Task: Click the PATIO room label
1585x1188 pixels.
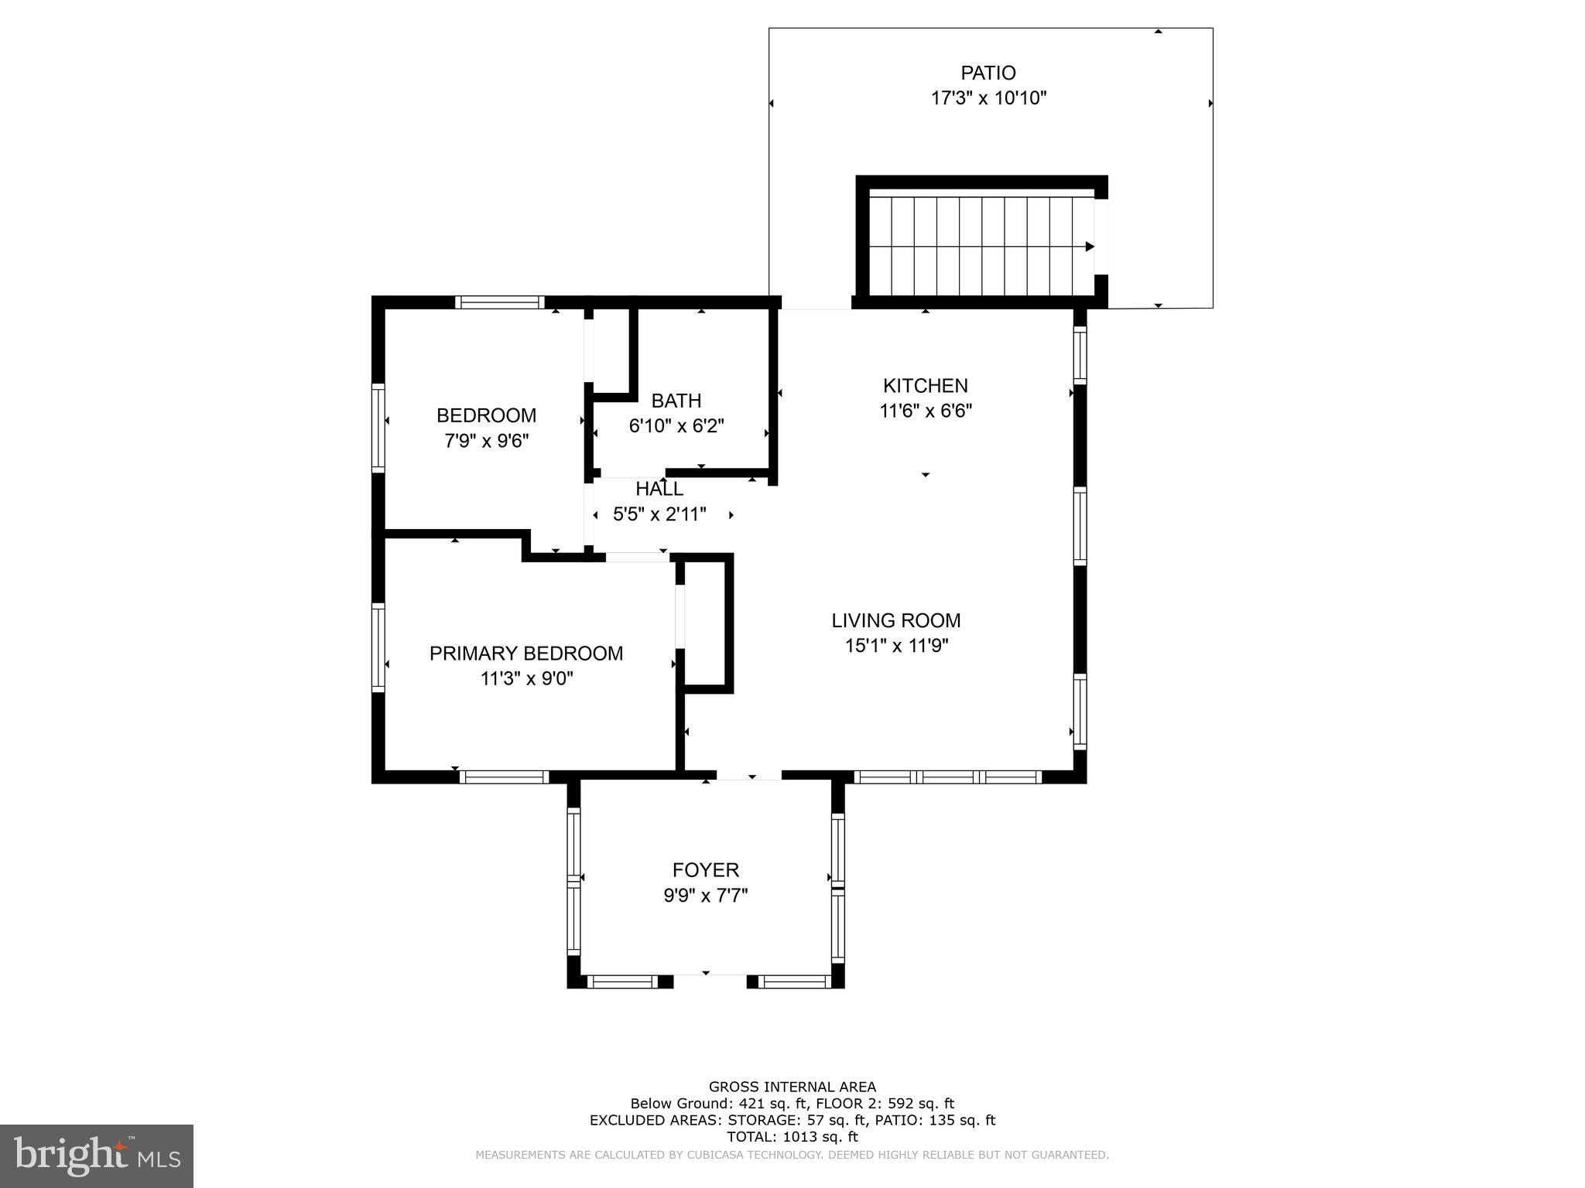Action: (x=988, y=73)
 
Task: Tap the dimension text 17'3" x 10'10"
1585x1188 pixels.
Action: (x=988, y=98)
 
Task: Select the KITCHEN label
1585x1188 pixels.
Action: (x=925, y=385)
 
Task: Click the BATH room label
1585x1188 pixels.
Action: (x=676, y=401)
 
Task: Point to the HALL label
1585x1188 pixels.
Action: (x=659, y=489)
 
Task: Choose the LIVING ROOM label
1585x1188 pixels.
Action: (x=895, y=620)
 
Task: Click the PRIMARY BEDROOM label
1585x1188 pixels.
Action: (x=525, y=654)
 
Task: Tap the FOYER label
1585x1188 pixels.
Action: (x=705, y=870)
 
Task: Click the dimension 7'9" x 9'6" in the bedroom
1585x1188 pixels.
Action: (x=486, y=441)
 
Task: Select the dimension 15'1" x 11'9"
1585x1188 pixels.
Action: (x=895, y=646)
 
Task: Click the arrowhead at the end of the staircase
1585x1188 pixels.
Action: (x=1090, y=247)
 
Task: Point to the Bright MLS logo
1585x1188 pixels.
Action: (x=96, y=1156)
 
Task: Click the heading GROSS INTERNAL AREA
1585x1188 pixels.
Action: (x=792, y=1087)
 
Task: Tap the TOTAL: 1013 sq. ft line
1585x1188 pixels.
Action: (x=792, y=1137)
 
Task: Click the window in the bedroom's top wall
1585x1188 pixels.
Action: (x=499, y=302)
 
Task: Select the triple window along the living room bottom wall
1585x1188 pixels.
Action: (x=947, y=777)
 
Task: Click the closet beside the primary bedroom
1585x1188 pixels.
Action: (x=705, y=623)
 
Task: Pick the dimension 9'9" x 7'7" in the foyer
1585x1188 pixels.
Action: (x=705, y=896)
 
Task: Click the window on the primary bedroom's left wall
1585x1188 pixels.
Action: (x=378, y=647)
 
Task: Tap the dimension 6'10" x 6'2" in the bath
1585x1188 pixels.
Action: (x=676, y=426)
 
